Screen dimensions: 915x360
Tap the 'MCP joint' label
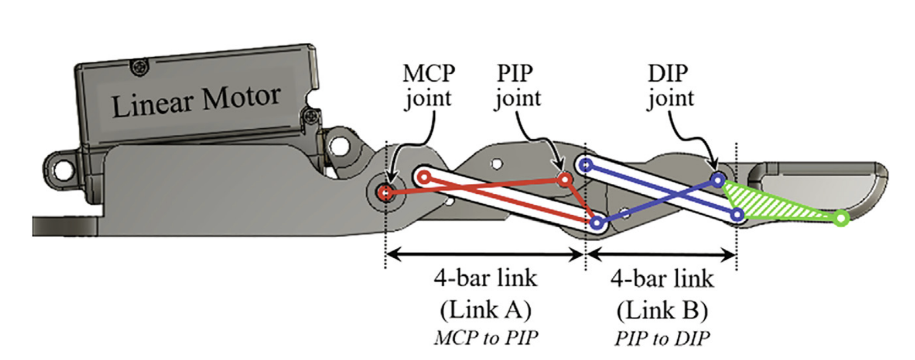click(x=428, y=86)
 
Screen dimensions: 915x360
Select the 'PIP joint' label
click(x=517, y=86)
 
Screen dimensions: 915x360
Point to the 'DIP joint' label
click(x=670, y=86)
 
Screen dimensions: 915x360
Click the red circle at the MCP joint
click(x=385, y=192)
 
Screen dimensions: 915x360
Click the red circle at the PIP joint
click(x=565, y=179)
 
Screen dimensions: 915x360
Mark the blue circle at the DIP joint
click(x=718, y=179)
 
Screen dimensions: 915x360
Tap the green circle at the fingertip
click(x=841, y=218)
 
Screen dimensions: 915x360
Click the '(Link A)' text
click(x=486, y=310)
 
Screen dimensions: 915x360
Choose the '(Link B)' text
click(x=662, y=310)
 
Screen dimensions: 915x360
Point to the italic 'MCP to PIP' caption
click(x=486, y=338)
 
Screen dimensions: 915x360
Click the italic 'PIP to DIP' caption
click(x=662, y=338)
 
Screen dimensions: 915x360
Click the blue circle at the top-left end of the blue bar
click(x=586, y=165)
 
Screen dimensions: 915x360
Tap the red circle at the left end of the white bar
click(x=424, y=177)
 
